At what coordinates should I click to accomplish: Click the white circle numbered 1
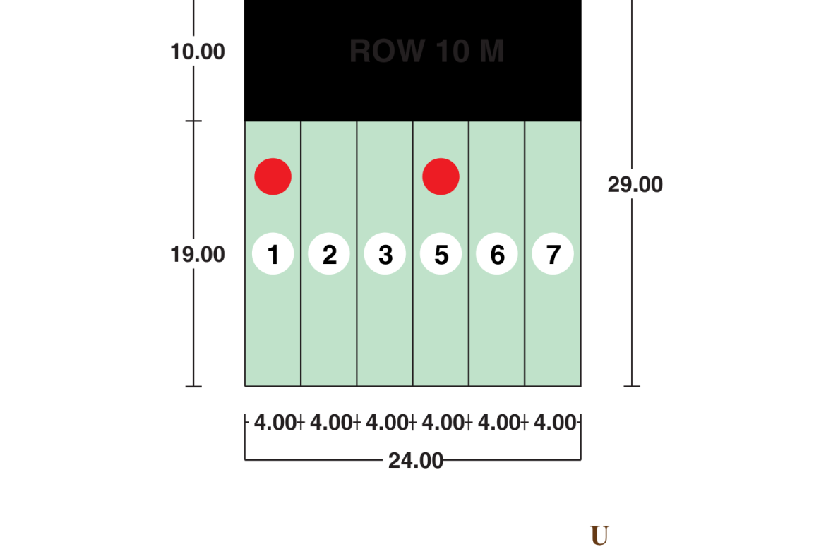click(x=273, y=254)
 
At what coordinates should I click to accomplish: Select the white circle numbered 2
click(x=329, y=254)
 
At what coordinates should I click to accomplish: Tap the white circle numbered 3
click(x=385, y=254)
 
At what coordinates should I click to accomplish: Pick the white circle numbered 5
click(x=441, y=254)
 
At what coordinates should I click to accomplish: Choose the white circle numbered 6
click(x=497, y=254)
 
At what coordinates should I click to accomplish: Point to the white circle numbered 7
click(x=553, y=254)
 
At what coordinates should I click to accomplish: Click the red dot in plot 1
click(x=273, y=176)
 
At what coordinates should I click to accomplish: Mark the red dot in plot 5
click(x=441, y=176)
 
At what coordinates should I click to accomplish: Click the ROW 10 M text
click(x=426, y=52)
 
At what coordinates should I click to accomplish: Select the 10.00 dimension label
click(x=198, y=52)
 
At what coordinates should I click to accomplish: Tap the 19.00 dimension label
click(x=198, y=254)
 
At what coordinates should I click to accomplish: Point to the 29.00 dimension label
click(x=635, y=184)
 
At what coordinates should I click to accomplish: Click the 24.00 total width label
click(x=416, y=461)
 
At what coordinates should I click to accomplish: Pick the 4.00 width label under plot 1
click(x=275, y=423)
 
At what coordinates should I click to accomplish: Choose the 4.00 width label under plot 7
click(x=555, y=423)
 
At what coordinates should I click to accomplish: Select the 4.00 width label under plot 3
click(x=387, y=423)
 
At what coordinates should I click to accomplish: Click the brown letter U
click(x=599, y=536)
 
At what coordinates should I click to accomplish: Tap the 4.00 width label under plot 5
click(x=443, y=423)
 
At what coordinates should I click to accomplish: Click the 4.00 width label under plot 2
click(x=331, y=423)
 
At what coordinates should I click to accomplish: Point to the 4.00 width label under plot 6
click(x=499, y=423)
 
